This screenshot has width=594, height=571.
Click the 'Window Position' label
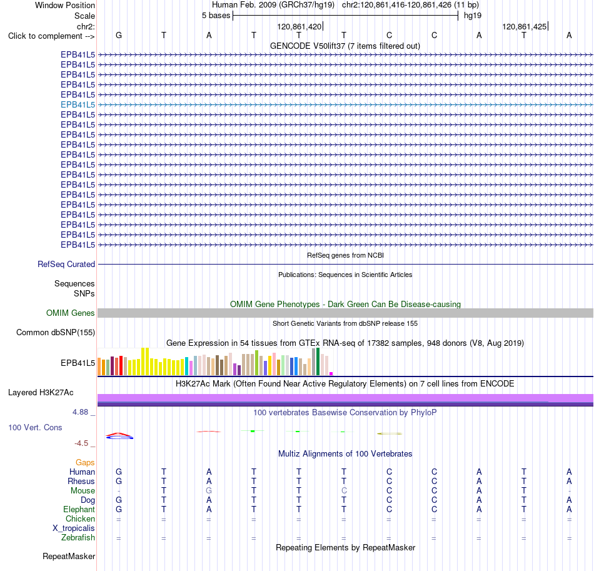click(65, 5)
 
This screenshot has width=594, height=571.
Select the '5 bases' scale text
click(216, 16)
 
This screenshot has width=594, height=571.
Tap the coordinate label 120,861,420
click(300, 26)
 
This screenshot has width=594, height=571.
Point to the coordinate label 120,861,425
click(525, 26)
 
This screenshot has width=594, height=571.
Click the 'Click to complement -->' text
click(51, 36)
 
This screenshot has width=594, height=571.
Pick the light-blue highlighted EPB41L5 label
click(78, 104)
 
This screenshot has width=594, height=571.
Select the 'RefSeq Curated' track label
click(66, 264)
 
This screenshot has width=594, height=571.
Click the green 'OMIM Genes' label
click(71, 313)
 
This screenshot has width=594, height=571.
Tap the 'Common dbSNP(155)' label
click(56, 332)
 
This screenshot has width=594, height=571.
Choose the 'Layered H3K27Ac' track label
click(41, 393)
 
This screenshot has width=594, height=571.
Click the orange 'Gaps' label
click(85, 462)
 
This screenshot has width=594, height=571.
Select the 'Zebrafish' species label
click(78, 538)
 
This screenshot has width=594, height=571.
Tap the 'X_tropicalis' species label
click(74, 528)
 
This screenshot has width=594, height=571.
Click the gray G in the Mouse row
click(209, 491)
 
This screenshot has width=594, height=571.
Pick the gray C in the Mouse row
click(344, 491)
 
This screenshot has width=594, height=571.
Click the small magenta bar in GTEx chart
click(331, 373)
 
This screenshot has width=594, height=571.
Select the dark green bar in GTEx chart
click(318, 361)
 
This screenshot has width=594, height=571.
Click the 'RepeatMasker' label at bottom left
click(69, 556)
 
